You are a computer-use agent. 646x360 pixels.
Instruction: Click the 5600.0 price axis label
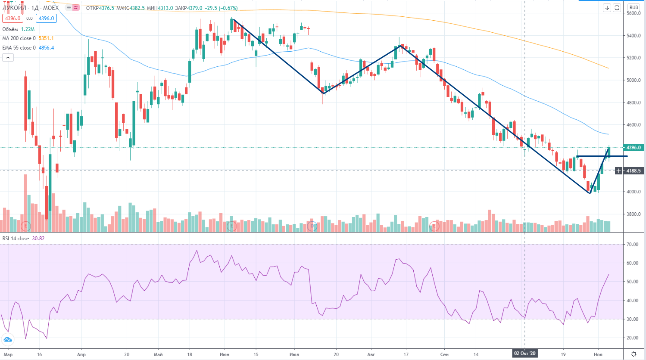(x=634, y=13)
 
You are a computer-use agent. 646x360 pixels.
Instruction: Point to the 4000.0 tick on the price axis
(x=634, y=192)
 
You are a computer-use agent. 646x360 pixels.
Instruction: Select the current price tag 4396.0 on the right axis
(x=634, y=148)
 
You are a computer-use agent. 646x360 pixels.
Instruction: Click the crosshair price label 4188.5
(x=634, y=171)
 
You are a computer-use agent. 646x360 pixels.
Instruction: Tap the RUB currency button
(x=634, y=7)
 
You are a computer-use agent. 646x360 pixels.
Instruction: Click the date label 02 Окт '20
(x=524, y=354)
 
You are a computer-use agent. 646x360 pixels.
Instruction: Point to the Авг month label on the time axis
(x=371, y=354)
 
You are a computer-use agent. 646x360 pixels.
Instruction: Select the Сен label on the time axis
(x=444, y=354)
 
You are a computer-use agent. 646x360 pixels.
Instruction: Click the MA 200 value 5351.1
(x=46, y=38)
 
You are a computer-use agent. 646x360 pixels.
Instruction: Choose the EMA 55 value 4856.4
(x=46, y=48)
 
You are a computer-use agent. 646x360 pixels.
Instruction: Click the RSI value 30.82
(x=38, y=239)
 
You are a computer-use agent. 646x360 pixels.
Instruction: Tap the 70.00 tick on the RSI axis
(x=633, y=245)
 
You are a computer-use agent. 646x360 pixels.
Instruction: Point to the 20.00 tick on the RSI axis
(x=633, y=338)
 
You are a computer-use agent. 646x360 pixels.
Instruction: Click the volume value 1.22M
(x=28, y=29)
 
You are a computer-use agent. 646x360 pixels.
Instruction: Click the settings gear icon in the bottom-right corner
(x=634, y=354)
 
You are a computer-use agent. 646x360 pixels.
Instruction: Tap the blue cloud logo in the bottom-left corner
(x=8, y=340)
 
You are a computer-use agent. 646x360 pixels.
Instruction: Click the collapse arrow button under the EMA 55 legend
(x=8, y=58)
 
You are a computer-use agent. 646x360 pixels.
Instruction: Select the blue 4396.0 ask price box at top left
(x=46, y=19)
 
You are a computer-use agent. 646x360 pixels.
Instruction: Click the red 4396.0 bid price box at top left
(x=12, y=19)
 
